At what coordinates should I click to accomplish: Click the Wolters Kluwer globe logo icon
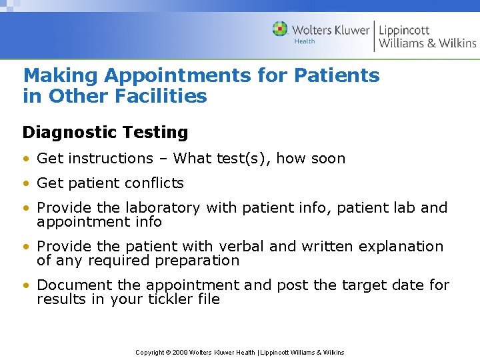(280, 29)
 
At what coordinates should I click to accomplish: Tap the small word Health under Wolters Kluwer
(305, 41)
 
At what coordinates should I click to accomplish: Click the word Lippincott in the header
(404, 30)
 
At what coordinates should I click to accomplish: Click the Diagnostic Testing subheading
(105, 132)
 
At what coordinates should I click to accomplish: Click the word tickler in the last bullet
(165, 299)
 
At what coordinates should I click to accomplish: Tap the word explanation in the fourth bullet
(401, 247)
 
